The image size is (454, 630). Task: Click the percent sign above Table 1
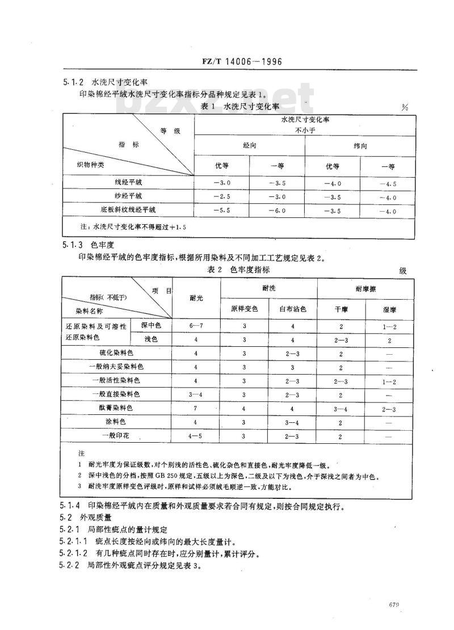[x=404, y=107]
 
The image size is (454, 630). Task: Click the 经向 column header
[x=250, y=145]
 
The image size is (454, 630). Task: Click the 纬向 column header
[x=360, y=145]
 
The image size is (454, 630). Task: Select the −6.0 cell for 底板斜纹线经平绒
[x=278, y=211]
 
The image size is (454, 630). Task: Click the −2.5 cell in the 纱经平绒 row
[x=222, y=196]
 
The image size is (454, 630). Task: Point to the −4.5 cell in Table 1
[x=388, y=183]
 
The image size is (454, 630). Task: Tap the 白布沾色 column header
[x=293, y=309]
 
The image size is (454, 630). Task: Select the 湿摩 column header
[x=389, y=309]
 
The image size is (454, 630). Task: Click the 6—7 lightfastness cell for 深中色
[x=196, y=326]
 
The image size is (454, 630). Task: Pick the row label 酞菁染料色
[x=116, y=408]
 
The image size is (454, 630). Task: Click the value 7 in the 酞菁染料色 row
[x=196, y=408]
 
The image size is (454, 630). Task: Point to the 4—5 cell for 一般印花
[x=196, y=436]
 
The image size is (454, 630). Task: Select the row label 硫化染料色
[x=116, y=353]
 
